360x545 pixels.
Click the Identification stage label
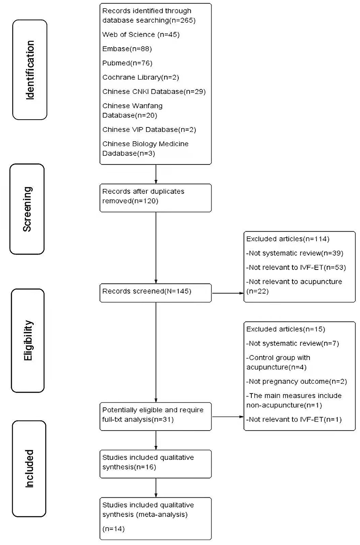point(30,70)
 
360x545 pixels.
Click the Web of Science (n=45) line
point(141,35)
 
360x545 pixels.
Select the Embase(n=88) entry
point(124,49)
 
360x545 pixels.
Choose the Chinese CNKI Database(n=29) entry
point(154,92)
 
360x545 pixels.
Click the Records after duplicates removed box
point(155,197)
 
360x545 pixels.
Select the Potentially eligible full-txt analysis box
point(155,416)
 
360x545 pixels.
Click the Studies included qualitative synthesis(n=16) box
point(155,464)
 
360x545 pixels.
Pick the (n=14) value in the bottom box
point(114,530)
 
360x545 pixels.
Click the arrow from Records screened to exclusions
point(227,292)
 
